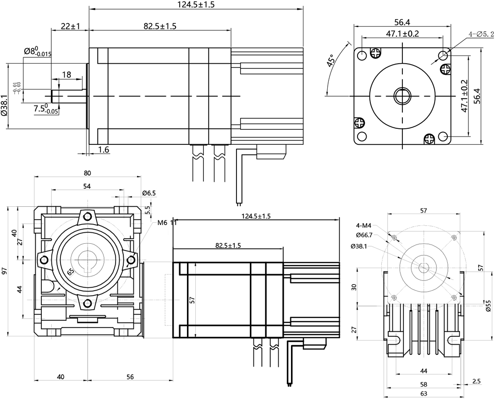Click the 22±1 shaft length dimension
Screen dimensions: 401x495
click(x=70, y=27)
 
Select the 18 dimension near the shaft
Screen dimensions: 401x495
click(x=66, y=75)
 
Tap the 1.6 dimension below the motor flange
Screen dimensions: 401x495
click(x=104, y=150)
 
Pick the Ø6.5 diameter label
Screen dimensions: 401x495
click(x=149, y=193)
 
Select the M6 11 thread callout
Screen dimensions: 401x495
click(x=167, y=223)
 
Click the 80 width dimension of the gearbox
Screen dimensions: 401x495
click(x=88, y=173)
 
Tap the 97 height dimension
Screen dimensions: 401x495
click(x=5, y=271)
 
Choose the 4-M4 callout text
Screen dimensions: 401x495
click(x=364, y=225)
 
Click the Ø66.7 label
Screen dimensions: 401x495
click(x=364, y=235)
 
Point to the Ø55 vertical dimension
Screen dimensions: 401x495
click(x=488, y=306)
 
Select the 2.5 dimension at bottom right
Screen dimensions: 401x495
click(x=476, y=381)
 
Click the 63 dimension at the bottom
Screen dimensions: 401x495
click(x=423, y=394)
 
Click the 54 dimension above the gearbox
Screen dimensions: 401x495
click(x=87, y=186)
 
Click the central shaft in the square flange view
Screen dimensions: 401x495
click(x=402, y=96)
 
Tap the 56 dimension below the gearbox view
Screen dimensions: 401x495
click(x=130, y=377)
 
